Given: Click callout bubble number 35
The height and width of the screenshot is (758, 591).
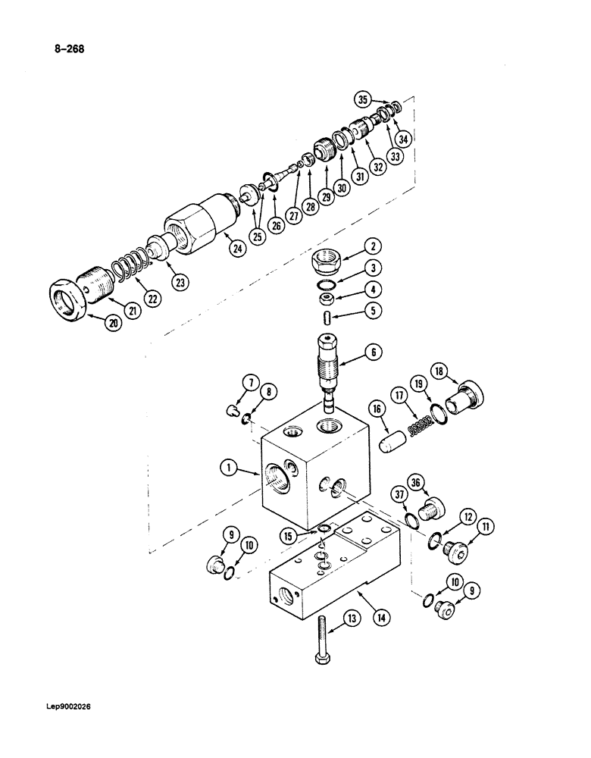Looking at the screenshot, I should pyautogui.click(x=364, y=99).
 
